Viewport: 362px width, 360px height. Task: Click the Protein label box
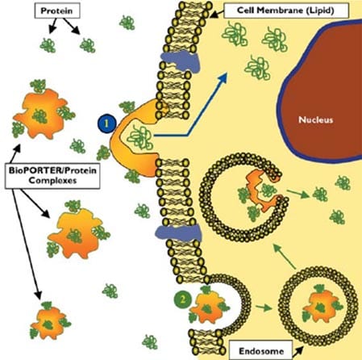click(57, 11)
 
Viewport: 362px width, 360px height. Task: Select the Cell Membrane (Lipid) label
click(286, 10)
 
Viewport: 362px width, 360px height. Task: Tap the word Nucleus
click(316, 119)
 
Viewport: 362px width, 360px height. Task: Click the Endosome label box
click(261, 351)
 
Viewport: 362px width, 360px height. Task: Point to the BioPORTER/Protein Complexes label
click(52, 175)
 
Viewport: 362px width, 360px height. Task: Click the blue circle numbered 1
click(106, 123)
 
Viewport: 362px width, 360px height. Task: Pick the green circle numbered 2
click(183, 299)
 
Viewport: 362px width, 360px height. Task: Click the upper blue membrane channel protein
click(181, 61)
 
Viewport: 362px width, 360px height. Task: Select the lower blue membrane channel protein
click(178, 233)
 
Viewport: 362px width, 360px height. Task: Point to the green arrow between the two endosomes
click(285, 256)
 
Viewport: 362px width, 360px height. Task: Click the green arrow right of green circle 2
click(264, 307)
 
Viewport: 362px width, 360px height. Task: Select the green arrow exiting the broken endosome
click(298, 193)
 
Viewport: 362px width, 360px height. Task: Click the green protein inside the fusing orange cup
click(140, 138)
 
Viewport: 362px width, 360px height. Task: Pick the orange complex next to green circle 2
click(207, 307)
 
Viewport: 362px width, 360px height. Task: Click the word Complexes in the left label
click(52, 181)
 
